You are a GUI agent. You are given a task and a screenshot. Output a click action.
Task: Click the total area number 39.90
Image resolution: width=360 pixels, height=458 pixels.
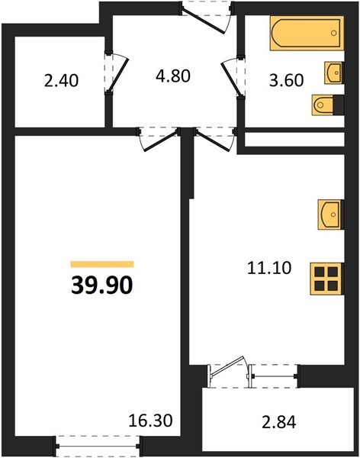pos(102,285)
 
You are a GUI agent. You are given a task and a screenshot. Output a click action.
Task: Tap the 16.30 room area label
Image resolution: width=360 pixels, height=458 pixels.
pos(151,419)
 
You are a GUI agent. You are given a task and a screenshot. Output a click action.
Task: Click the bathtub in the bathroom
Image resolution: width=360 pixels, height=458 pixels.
pos(298,35)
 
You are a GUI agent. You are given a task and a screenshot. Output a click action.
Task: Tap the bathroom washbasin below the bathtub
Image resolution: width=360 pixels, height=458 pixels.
pos(334,73)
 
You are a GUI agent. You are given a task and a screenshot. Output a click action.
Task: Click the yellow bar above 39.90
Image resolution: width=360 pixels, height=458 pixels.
pos(101,262)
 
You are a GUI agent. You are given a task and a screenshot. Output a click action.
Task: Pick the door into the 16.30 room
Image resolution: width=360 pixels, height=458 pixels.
pos(158,136)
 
